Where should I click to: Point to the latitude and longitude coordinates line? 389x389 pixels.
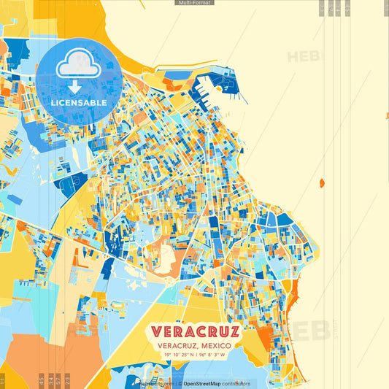pos(195,355)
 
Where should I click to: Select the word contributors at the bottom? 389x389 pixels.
pos(237,383)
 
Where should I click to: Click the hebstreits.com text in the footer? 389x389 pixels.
pos(155,383)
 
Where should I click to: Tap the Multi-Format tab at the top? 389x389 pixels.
pos(194,3)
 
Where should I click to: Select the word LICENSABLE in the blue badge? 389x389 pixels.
pos(79,103)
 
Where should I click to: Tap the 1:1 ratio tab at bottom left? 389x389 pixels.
pos(3,380)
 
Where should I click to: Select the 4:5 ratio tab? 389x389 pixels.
pos(41,380)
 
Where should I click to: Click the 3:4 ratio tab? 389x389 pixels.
pos(50,380)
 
